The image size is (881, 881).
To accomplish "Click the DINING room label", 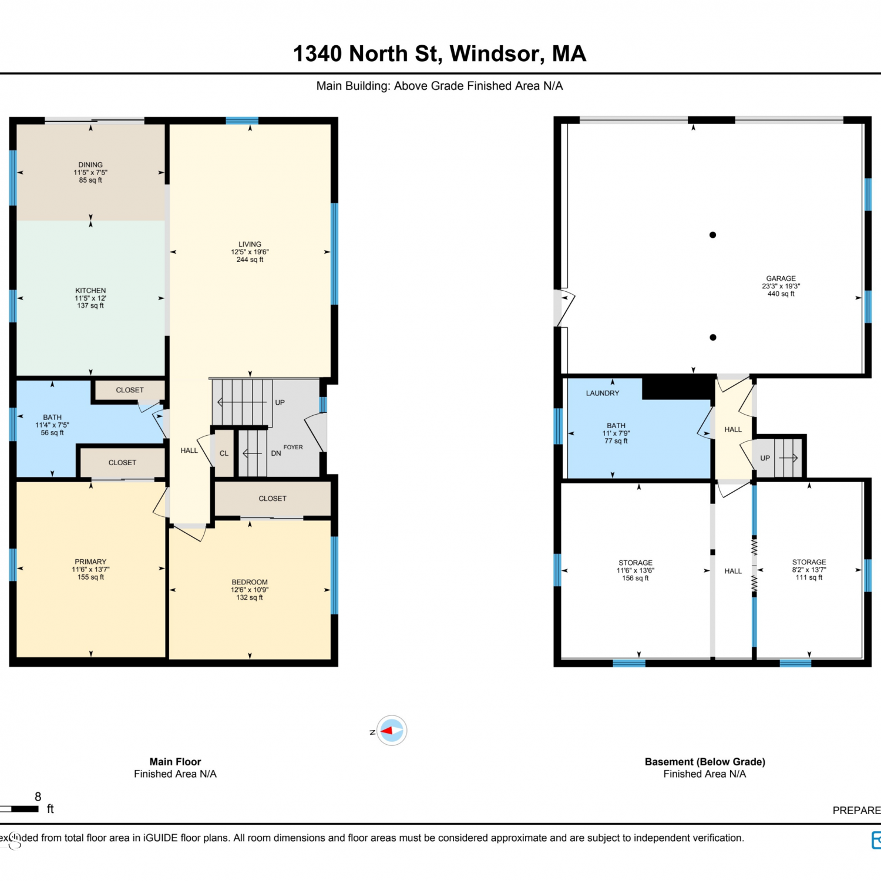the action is point(90,165).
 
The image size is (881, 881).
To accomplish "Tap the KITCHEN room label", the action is point(90,291).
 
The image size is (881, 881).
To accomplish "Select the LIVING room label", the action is point(250,244).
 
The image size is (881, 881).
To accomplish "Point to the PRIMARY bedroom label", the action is point(90,562).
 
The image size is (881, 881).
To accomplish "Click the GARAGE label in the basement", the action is point(781,278).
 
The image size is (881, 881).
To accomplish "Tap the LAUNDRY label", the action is point(603,394).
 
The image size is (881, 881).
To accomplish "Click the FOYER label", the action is point(293,448).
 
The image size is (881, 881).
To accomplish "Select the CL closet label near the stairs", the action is point(224,453).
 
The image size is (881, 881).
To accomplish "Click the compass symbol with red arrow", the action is point(391,731).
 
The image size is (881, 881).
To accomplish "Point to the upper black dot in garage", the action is point(712,235).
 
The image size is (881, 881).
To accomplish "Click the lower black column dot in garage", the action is point(712,337).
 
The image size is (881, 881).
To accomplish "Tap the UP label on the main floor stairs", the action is point(280,403).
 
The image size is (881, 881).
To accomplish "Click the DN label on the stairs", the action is point(276,453).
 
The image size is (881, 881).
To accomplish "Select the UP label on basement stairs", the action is point(765,458).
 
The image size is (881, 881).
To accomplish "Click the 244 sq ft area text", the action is point(250,260).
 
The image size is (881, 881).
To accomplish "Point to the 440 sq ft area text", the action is point(781,294).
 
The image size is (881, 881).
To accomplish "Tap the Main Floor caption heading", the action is point(175,762).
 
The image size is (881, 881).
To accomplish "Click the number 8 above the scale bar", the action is point(38,797).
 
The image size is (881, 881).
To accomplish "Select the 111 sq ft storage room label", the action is point(809,578).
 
